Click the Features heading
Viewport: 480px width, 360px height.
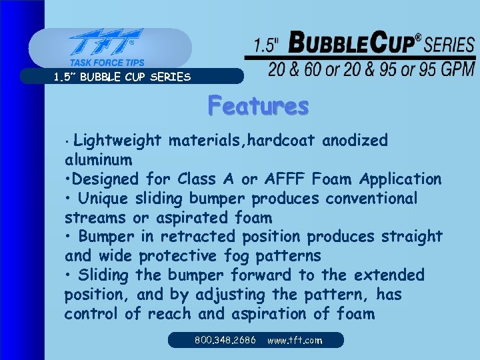(258, 106)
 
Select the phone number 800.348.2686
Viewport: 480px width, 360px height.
(225, 340)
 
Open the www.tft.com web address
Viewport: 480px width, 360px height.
(294, 340)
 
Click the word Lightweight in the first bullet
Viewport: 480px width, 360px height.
(117, 141)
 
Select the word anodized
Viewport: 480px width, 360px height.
(355, 141)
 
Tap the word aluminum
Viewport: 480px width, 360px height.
(98, 160)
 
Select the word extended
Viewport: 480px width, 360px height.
(391, 275)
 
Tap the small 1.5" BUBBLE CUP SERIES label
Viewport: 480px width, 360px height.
(122, 77)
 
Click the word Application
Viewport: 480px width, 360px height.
(400, 179)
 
